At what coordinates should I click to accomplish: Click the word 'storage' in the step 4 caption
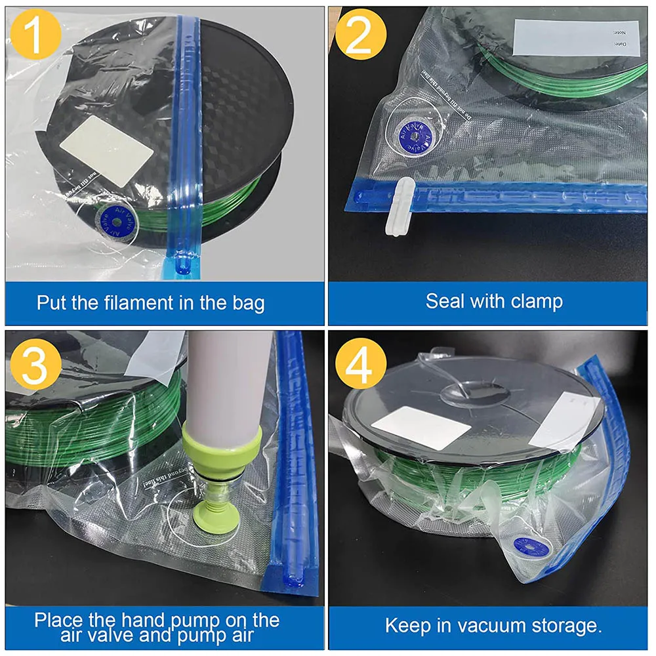[569, 625]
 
